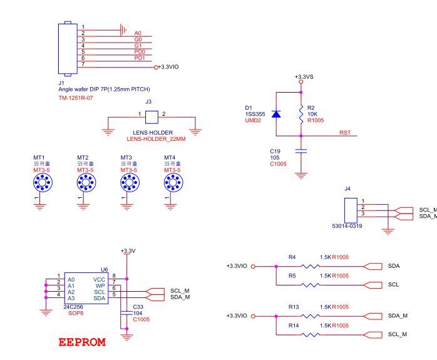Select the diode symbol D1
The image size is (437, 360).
pos(276,113)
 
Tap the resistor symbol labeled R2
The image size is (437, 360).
pos(301,113)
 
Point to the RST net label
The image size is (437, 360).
pos(345,133)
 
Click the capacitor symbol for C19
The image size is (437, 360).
pos(301,151)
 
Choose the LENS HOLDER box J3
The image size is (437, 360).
pos(151,116)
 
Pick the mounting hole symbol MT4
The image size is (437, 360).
pos(172,183)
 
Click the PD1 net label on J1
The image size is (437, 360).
pos(139,58)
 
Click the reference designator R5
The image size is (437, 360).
pos(292,275)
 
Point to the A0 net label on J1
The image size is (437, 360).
pos(138,33)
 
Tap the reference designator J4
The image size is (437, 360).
pos(347,188)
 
